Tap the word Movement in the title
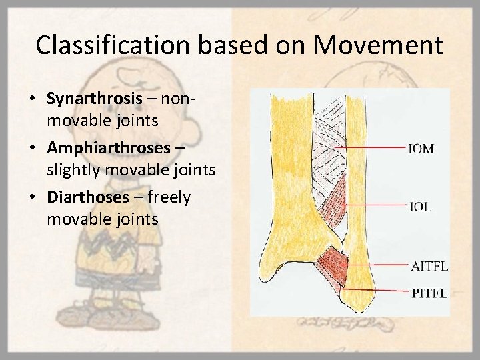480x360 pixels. tap(379, 45)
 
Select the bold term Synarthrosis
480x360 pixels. tap(95, 99)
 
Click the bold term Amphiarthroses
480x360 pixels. tap(109, 148)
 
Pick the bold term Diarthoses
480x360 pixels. tap(88, 197)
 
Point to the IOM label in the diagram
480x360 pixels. tap(421, 149)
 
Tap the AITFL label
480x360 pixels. tap(429, 267)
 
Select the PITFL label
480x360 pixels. tap(428, 292)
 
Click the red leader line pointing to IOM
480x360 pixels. tap(373, 147)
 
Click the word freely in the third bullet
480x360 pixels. tap(169, 197)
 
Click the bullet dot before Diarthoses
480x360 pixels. tap(33, 198)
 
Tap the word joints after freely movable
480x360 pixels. tap(136, 219)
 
